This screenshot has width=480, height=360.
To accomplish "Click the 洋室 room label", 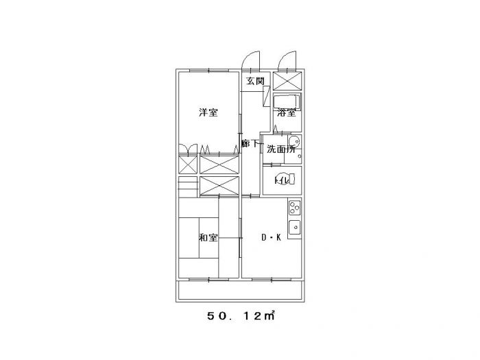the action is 208,112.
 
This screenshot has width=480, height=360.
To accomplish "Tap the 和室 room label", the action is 208,237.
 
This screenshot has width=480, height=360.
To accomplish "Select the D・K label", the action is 272,237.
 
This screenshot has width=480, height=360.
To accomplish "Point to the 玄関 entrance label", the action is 255,81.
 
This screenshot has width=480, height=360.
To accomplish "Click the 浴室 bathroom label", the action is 287,112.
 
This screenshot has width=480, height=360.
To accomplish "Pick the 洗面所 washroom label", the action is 281,149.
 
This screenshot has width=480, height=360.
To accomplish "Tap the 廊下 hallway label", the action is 250,143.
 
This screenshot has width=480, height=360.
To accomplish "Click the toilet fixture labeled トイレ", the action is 285,180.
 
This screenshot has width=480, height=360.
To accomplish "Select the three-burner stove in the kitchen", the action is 294,208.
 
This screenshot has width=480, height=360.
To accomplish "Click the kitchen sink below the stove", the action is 294,227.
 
